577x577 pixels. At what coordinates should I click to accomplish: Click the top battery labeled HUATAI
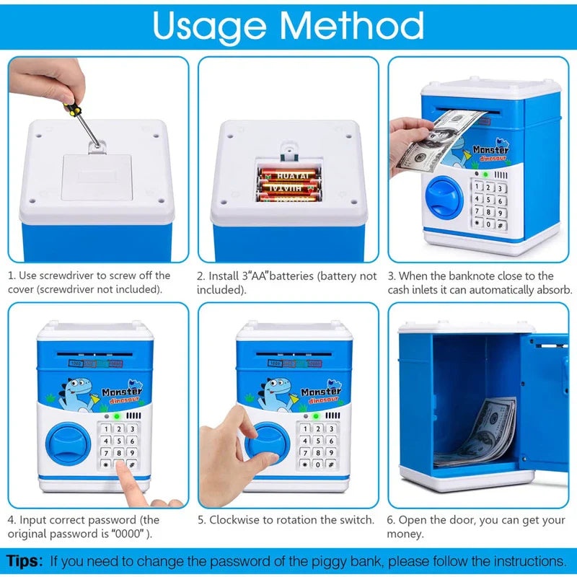click(x=289, y=175)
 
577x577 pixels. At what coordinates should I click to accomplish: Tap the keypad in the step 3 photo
click(x=488, y=205)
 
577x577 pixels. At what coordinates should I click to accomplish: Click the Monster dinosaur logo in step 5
click(x=321, y=395)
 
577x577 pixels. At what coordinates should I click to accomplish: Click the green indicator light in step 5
click(x=316, y=416)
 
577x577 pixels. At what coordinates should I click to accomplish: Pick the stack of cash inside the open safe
click(x=480, y=433)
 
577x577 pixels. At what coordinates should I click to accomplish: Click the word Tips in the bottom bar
click(x=25, y=560)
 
